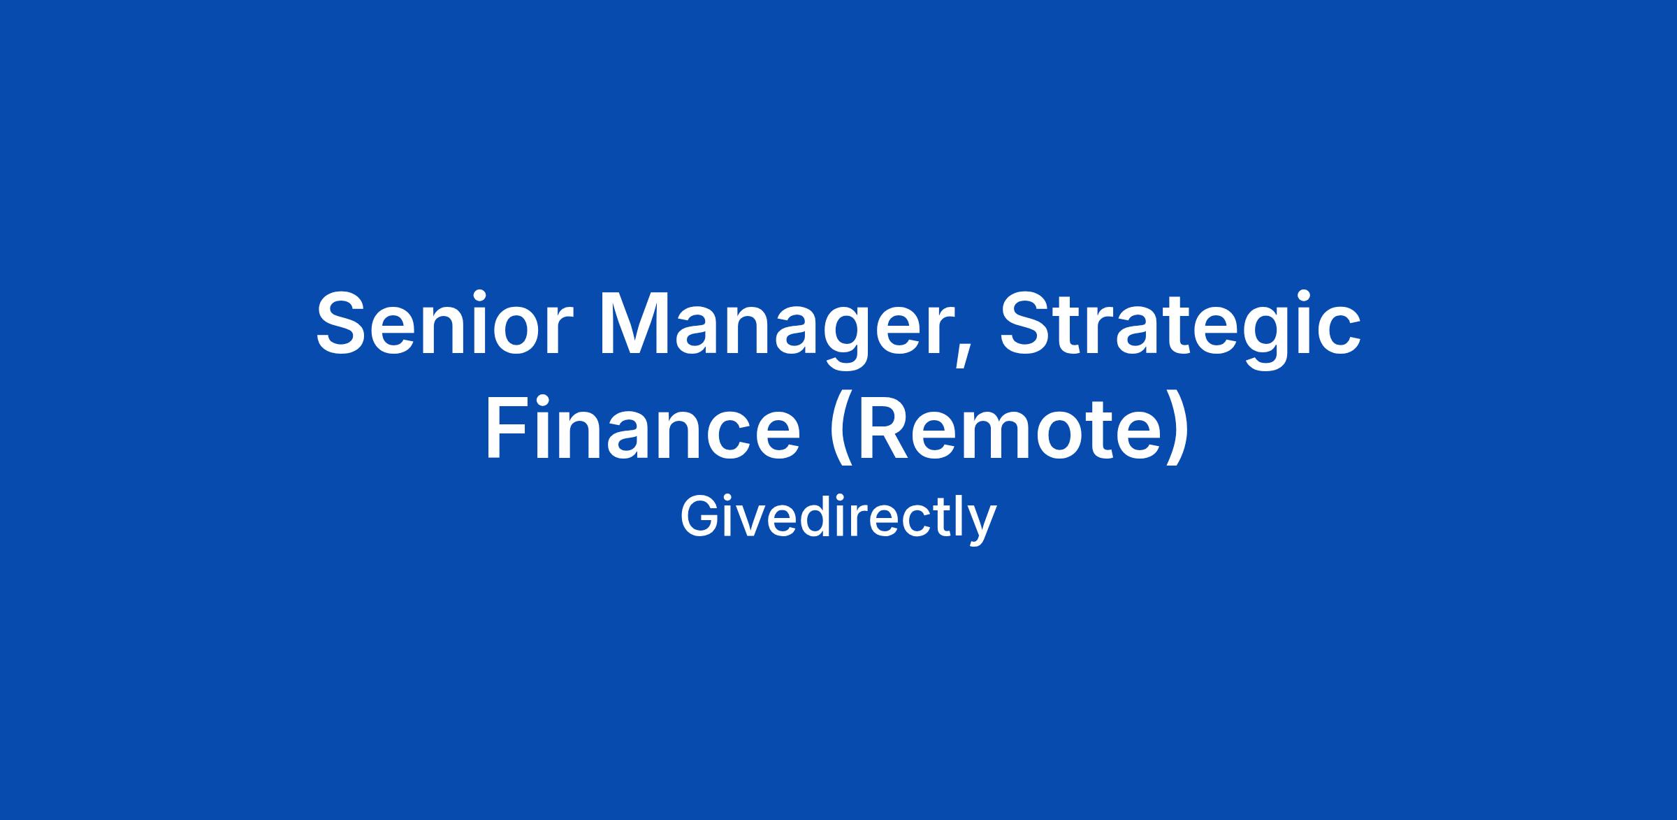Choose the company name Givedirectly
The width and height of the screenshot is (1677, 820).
[838, 518]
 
